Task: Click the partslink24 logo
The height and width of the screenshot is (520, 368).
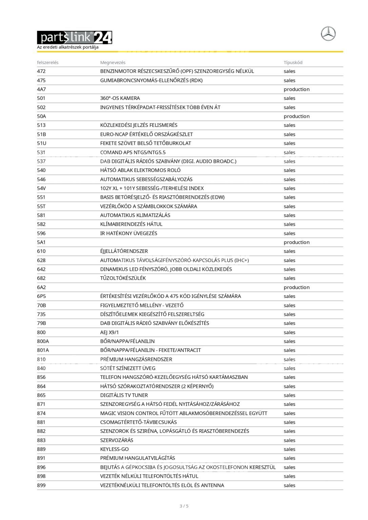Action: pyautogui.click(x=74, y=38)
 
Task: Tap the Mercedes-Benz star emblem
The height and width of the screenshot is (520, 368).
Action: pyautogui.click(x=328, y=34)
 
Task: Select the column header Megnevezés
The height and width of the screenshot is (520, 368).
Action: pyautogui.click(x=113, y=62)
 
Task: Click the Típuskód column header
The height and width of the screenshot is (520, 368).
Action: pyautogui.click(x=293, y=62)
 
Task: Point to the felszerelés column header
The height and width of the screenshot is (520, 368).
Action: pyautogui.click(x=47, y=62)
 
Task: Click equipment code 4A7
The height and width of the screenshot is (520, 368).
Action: pyautogui.click(x=41, y=89)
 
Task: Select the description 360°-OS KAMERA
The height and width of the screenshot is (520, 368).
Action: pyautogui.click(x=120, y=98)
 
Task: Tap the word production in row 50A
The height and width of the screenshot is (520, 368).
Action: pyautogui.click(x=297, y=116)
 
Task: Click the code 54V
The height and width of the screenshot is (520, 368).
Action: pyautogui.click(x=41, y=188)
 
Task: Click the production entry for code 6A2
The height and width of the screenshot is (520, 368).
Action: pyautogui.click(x=297, y=287)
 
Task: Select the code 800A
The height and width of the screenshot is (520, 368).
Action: pyautogui.click(x=43, y=341)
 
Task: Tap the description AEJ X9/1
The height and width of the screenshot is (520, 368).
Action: pyautogui.click(x=109, y=332)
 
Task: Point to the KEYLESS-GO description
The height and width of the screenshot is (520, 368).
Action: pyautogui.click(x=114, y=449)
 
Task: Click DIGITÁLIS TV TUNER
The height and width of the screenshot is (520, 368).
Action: pyautogui.click(x=124, y=395)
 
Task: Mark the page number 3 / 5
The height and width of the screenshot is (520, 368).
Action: pyautogui.click(x=184, y=506)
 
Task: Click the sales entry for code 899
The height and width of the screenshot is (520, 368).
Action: pyautogui.click(x=289, y=485)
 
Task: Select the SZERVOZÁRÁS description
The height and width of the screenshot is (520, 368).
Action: pyautogui.click(x=117, y=440)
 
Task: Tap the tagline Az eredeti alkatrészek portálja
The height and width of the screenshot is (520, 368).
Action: pyautogui.click(x=68, y=47)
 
